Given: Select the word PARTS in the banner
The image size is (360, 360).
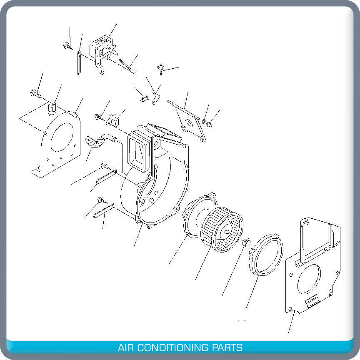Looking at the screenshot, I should pyautogui.click(x=227, y=347).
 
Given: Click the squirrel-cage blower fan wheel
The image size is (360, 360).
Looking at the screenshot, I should pyautogui.click(x=222, y=229).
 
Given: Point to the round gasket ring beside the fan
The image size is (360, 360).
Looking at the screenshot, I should pyautogui.click(x=266, y=255).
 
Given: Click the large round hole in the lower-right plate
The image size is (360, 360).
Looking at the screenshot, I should pyautogui.click(x=309, y=279).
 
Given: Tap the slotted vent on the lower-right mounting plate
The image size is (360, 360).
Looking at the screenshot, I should pyautogui.click(x=311, y=302).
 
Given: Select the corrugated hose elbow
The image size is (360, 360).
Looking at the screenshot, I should pyautogui.click(x=96, y=142).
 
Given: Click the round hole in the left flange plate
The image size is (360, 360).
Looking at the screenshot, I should pyautogui.click(x=62, y=137).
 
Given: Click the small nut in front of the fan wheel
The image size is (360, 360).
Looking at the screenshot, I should pyautogui.click(x=246, y=242).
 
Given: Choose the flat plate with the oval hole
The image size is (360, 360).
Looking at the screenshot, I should pyautogui.click(x=188, y=122).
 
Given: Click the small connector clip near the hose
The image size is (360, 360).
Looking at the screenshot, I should pyautogui.click(x=112, y=121).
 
